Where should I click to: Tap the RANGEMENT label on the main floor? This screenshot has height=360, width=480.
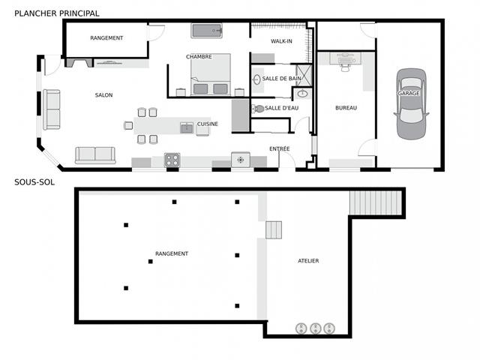click(106, 37)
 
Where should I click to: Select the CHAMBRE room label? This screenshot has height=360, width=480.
click(199, 57)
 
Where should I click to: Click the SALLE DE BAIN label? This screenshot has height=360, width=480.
click(281, 78)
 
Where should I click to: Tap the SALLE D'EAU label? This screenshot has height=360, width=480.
click(282, 108)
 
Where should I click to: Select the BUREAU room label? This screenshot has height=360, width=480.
click(346, 108)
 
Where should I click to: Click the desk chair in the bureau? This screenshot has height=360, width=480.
click(346, 65)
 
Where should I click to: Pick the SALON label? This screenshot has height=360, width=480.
click(103, 95)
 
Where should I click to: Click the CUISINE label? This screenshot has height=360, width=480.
click(208, 124)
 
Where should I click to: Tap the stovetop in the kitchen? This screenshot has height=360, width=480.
click(172, 159)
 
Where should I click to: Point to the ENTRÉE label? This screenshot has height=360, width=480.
click(279, 148)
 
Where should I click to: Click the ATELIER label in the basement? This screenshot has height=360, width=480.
click(308, 261)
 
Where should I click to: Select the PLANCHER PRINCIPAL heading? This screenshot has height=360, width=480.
click(56, 13)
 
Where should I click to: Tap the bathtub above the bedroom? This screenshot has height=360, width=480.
click(207, 31)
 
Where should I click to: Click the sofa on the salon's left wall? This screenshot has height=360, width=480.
click(52, 109)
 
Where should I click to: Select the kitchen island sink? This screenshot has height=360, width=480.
click(186, 128)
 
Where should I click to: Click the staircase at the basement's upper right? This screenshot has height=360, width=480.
click(367, 202)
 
